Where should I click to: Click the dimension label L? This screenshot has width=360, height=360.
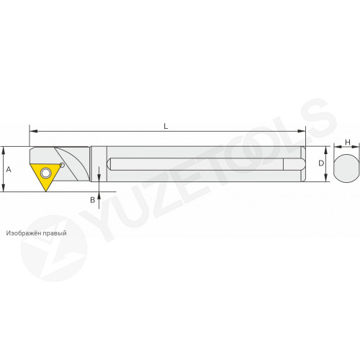pyautogui.click(x=166, y=126)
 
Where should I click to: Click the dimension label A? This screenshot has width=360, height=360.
pyautogui.click(x=9, y=170)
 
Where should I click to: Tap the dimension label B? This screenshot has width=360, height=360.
pyautogui.click(x=93, y=199)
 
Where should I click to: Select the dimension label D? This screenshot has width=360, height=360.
pyautogui.click(x=321, y=163)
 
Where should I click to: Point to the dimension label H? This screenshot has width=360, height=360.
pyautogui.click(x=348, y=143)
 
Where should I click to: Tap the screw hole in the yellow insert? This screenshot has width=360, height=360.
pyautogui.click(x=45, y=173)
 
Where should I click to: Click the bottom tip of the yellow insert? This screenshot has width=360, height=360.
pyautogui.click(x=45, y=192)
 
